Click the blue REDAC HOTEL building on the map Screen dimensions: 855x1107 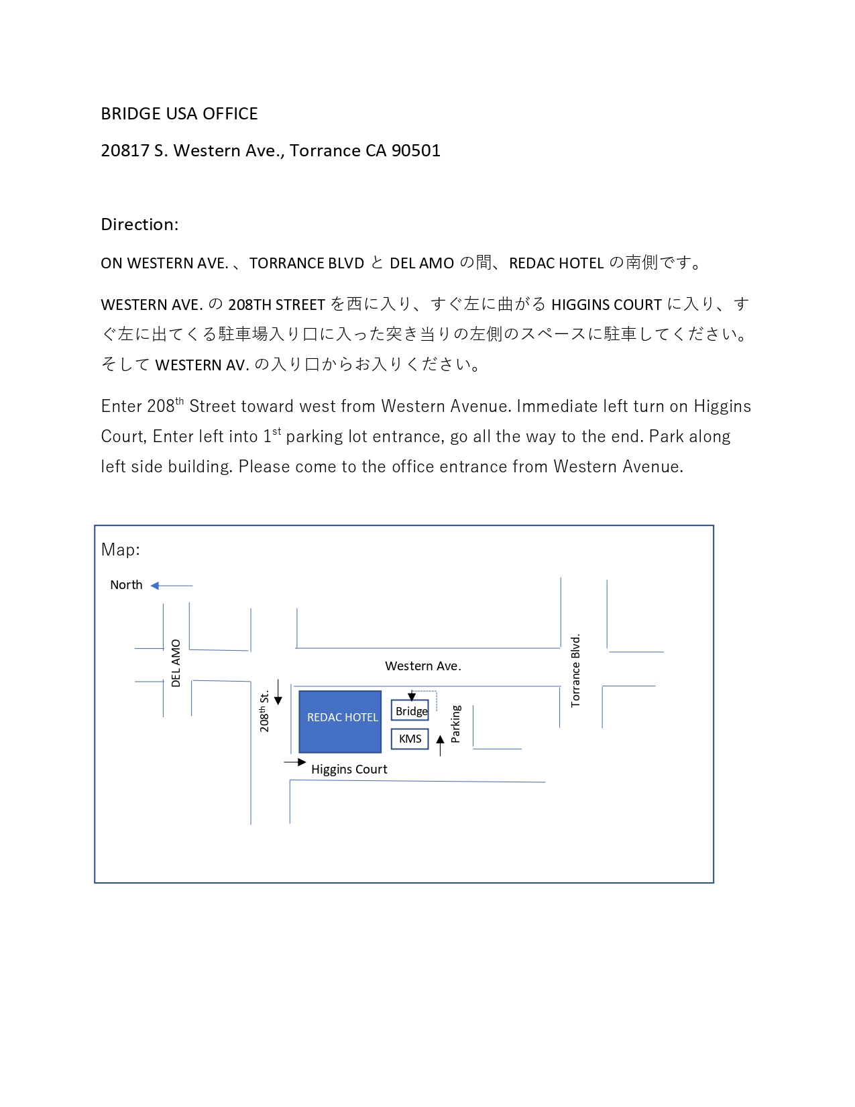click(x=340, y=721)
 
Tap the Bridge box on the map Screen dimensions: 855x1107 click(x=410, y=710)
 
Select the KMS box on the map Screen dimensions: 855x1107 click(x=410, y=739)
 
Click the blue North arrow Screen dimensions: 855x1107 click(x=172, y=585)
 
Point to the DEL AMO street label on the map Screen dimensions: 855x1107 click(x=176, y=663)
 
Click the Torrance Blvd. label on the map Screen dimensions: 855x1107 click(x=575, y=670)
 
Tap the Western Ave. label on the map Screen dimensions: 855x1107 click(x=422, y=666)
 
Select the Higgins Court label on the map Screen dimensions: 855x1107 click(x=349, y=770)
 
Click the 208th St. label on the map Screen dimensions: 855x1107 click(x=264, y=711)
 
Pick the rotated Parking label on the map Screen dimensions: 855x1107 click(x=455, y=724)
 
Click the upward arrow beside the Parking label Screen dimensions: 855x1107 click(x=441, y=745)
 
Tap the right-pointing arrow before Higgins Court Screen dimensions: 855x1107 click(x=295, y=762)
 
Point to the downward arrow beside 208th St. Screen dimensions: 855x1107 click(x=278, y=692)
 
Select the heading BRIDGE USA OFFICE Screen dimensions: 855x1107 click(x=179, y=113)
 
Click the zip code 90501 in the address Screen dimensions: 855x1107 click(x=416, y=151)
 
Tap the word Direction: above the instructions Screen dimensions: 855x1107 click(x=139, y=224)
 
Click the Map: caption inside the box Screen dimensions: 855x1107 click(x=121, y=549)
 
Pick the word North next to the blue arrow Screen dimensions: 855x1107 click(x=126, y=585)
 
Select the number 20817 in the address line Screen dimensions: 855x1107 click(x=125, y=151)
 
